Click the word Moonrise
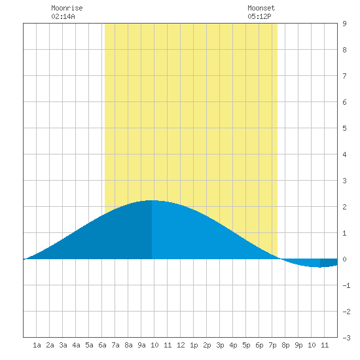(x=67, y=8)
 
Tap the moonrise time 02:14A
(x=63, y=16)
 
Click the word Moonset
(x=261, y=8)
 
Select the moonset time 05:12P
(x=259, y=16)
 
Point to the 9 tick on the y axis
(x=344, y=24)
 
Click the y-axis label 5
(x=344, y=128)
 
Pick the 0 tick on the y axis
(x=344, y=259)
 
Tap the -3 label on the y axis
(x=346, y=338)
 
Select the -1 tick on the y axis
(x=346, y=285)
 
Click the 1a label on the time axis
(x=37, y=345)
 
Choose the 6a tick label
(x=102, y=345)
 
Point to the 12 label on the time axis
(x=181, y=345)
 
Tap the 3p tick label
(x=220, y=345)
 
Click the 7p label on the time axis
(x=272, y=345)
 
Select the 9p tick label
(x=298, y=345)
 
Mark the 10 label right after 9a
(x=154, y=345)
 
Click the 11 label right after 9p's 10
(x=325, y=345)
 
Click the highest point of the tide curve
(x=152, y=201)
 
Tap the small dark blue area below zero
(x=329, y=262)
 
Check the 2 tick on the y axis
(x=344, y=207)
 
